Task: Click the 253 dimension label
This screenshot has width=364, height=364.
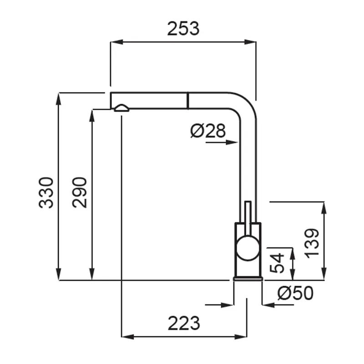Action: (x=183, y=29)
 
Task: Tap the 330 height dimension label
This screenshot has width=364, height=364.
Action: (x=46, y=192)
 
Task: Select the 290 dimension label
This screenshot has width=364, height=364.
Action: (x=80, y=192)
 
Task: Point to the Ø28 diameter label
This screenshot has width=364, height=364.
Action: (x=208, y=131)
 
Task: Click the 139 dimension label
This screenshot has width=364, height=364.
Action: (x=312, y=243)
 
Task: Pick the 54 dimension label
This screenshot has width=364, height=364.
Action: (x=277, y=263)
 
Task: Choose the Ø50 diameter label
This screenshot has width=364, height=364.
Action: (x=295, y=293)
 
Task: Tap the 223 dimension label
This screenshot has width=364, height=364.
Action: (x=184, y=323)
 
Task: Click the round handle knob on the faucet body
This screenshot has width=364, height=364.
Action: (x=248, y=248)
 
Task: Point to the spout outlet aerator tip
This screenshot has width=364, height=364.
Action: (x=121, y=108)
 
